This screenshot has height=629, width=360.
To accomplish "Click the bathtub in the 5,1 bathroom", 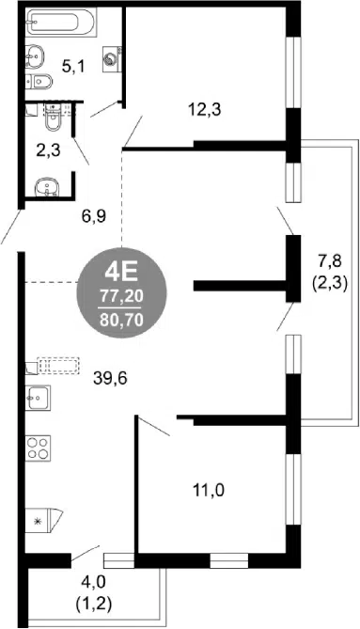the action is (61, 23).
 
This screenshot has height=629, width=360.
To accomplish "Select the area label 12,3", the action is (205, 109).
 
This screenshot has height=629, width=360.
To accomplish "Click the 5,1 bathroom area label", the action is (73, 66).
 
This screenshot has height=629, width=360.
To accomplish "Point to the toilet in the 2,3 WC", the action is (52, 118).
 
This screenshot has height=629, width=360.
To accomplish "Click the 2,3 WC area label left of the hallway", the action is (48, 151).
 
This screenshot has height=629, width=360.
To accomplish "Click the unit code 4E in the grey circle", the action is (121, 273).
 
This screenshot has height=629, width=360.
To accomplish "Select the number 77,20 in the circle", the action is (121, 297).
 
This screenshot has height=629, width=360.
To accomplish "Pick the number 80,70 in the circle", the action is (121, 321).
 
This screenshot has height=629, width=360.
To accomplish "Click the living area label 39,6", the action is (110, 378).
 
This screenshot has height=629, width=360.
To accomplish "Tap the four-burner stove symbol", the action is (38, 448).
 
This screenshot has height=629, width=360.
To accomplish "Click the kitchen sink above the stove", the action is (38, 398).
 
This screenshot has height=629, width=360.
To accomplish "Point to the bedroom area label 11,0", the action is (209, 490).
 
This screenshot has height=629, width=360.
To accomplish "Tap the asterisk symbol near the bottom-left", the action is (39, 521).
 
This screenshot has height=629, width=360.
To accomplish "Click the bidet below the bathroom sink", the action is (39, 81).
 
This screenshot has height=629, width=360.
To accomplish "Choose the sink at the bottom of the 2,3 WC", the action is (46, 187).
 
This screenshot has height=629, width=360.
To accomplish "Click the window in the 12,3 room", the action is (293, 72).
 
